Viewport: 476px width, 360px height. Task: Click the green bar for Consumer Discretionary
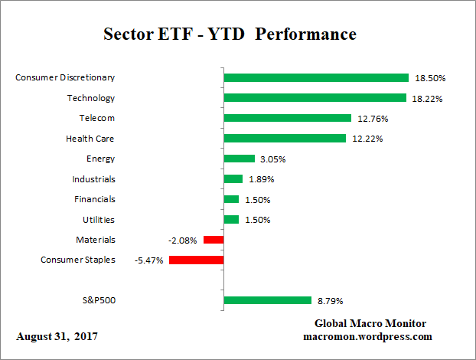[x=315, y=77]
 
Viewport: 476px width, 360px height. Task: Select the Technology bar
[x=315, y=98]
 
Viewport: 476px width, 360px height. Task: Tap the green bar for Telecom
[x=287, y=118]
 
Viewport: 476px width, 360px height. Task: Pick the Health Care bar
[x=285, y=139]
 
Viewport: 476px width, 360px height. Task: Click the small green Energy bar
[x=239, y=159]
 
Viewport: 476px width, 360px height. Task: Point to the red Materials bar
[x=213, y=240]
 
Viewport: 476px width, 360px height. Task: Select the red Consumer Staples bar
[x=196, y=260]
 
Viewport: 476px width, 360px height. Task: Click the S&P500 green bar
[x=267, y=300]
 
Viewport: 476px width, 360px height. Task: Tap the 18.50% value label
[x=430, y=78]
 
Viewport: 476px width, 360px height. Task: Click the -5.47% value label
[x=148, y=260]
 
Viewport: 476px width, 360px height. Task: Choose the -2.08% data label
[x=182, y=241]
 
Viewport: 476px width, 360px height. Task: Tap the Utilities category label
[x=97, y=220]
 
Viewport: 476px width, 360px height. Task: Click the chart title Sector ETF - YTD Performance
[x=230, y=34]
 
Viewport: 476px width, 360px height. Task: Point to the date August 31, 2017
[x=57, y=336]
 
